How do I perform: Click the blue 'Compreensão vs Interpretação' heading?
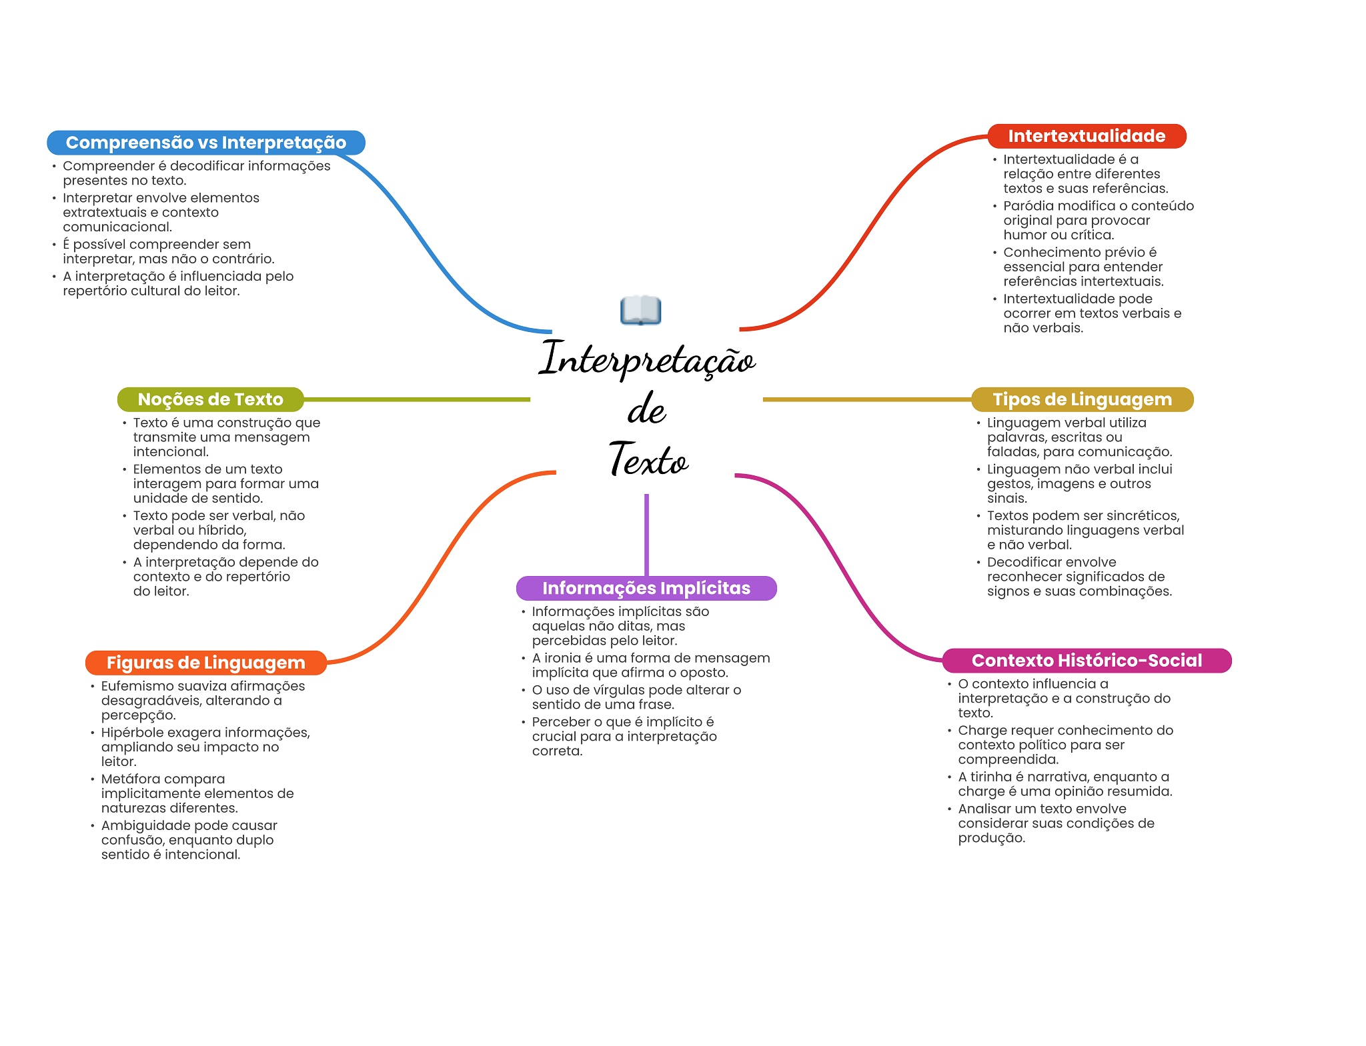click(x=205, y=143)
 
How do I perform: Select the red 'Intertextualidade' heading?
click(x=1087, y=136)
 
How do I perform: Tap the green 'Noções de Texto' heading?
click(x=210, y=399)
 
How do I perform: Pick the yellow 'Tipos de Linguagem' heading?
click(x=1082, y=399)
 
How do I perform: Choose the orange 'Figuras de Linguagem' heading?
click(x=205, y=663)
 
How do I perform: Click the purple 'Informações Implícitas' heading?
click(x=646, y=588)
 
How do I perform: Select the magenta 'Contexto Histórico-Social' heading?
click(x=1087, y=661)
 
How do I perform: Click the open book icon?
click(x=640, y=311)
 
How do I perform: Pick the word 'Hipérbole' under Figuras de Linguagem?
click(x=131, y=733)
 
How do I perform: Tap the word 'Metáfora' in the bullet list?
click(x=129, y=779)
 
